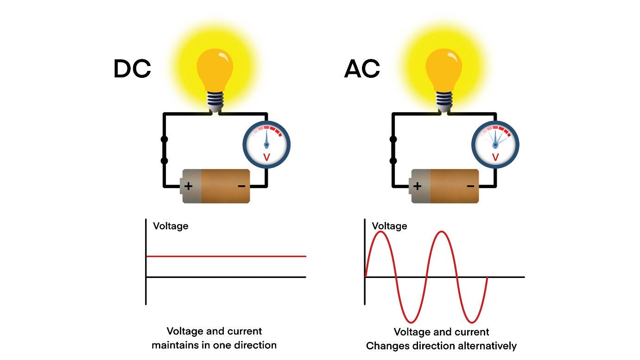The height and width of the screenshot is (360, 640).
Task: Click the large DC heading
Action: point(132,69)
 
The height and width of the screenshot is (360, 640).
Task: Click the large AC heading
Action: point(362,69)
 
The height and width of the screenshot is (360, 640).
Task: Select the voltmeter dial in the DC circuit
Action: point(266,145)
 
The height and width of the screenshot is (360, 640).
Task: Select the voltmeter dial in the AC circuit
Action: point(495,145)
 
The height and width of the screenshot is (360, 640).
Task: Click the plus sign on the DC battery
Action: point(189,186)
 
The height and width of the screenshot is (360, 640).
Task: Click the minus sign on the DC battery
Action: point(241,186)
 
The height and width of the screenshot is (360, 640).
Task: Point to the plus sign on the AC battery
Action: point(417,186)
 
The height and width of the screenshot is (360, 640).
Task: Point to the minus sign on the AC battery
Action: point(470,186)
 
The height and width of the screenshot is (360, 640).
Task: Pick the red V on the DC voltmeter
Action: point(266,158)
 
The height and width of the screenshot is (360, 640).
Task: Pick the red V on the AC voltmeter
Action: point(495,158)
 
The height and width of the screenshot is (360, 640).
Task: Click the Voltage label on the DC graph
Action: point(171,226)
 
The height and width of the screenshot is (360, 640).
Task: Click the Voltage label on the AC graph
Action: point(389,226)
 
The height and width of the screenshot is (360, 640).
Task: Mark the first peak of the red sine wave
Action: point(381,232)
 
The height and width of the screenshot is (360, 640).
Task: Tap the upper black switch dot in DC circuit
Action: point(164,139)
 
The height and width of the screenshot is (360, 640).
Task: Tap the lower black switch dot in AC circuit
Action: point(393,161)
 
